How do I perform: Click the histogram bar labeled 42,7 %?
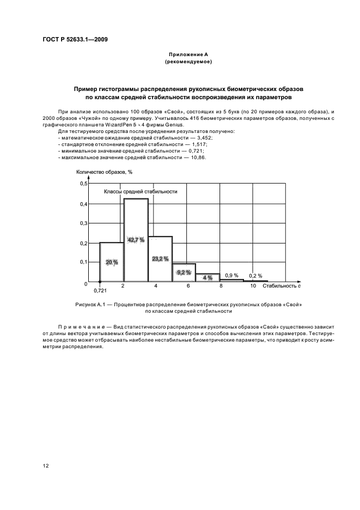coord(136,240)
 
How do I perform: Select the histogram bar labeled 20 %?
coord(112,262)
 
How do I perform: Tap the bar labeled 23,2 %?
coord(160,259)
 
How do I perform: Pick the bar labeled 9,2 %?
coord(184,272)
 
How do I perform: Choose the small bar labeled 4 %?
coord(208,277)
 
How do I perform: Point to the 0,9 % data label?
coord(232,275)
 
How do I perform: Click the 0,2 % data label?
coord(255,276)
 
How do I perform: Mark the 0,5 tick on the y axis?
coord(84,184)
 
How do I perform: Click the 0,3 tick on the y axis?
coord(84,223)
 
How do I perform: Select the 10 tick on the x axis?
coord(253,286)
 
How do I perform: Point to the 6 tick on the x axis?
coord(188,286)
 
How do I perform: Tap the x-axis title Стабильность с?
coord(282,286)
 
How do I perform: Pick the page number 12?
coord(46,466)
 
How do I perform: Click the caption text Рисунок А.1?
coord(90,304)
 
